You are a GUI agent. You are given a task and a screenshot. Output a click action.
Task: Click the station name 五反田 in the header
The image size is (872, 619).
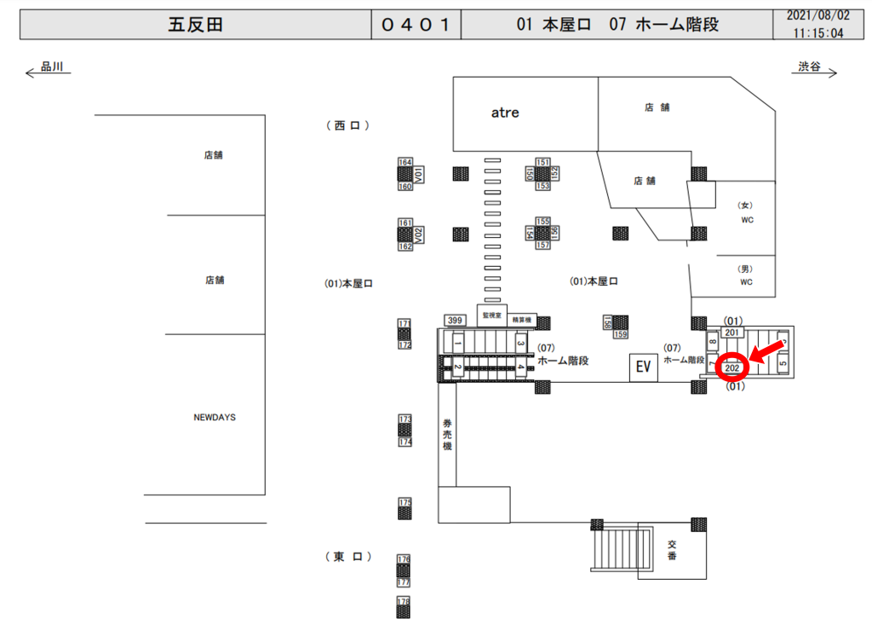195,25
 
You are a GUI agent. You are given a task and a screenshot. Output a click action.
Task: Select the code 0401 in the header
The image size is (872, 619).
416,25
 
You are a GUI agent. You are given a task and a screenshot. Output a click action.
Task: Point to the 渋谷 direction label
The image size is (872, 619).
809,67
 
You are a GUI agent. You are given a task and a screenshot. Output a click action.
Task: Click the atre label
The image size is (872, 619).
505,112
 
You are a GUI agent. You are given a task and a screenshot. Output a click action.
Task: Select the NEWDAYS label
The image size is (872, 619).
215,418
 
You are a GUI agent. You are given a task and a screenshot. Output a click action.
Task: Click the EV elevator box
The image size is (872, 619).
643,367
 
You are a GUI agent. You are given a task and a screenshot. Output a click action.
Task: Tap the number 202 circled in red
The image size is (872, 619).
731,368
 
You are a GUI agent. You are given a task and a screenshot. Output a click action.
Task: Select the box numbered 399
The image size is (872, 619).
455,321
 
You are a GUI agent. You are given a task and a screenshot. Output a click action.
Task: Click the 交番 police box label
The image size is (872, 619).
672,550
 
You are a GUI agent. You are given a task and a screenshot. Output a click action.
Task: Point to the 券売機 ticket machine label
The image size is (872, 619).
447,437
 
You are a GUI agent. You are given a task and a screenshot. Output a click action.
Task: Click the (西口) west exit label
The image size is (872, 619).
348,125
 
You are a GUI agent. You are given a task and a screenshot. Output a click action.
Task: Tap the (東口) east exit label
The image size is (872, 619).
348,557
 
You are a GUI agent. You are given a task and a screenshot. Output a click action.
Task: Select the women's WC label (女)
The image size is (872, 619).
746,205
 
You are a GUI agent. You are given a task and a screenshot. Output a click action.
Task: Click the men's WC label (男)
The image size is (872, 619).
746,269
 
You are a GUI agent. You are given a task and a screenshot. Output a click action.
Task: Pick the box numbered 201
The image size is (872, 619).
732,333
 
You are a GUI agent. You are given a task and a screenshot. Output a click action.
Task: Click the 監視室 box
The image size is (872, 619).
491,315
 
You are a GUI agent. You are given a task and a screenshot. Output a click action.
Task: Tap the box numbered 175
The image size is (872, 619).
404,503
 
